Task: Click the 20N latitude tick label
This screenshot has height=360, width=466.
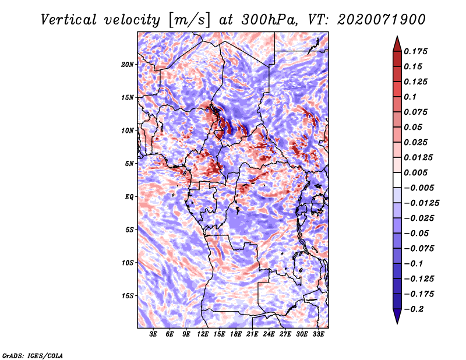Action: pos(128,64)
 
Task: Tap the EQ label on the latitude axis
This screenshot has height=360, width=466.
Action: pos(129,196)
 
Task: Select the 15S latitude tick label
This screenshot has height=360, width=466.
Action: pos(128,296)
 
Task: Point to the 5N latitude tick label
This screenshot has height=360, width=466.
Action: pos(129,164)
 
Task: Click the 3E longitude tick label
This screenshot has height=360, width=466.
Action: pos(153,334)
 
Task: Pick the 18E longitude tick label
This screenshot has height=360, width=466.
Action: pos(236,334)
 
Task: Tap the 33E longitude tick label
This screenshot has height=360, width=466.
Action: pos(318,334)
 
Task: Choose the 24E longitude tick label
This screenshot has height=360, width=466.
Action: pos(269,334)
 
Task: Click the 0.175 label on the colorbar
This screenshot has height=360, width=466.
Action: pos(415,51)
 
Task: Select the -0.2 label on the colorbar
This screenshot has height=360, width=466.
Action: pos(414,309)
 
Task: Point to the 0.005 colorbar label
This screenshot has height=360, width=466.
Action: pos(415,172)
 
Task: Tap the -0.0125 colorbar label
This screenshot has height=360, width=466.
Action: pos(421,203)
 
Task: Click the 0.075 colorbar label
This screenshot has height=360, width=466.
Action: pos(415,112)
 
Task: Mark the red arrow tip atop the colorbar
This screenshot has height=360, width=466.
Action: pos(397,36)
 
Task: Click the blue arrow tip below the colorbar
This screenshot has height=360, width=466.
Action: pos(397,324)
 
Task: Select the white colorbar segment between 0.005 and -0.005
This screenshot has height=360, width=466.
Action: pos(397,180)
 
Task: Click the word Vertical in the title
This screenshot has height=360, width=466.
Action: pos(69,20)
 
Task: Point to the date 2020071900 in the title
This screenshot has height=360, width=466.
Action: pos(382,20)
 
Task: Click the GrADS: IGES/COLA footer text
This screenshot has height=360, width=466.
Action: pos(33,355)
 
